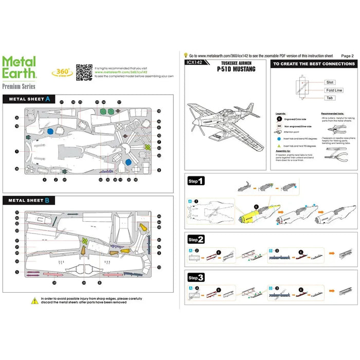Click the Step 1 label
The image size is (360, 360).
[196, 181]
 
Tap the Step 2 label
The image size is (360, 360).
[196, 240]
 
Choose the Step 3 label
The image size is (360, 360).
[196, 277]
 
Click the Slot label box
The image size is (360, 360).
[330, 82]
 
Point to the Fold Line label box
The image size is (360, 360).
[334, 90]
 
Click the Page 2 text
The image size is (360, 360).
[347, 56]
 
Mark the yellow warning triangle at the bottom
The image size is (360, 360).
[34, 299]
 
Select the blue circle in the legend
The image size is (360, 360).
[278, 138]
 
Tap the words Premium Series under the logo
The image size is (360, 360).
[19, 86]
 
